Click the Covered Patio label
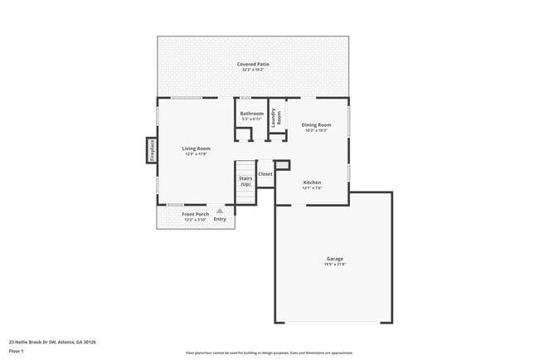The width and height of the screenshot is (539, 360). pos(253,64)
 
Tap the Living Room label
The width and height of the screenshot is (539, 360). pos(197,148)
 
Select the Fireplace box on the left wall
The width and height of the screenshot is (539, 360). pos(152,150)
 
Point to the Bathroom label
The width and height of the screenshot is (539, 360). pos(252,114)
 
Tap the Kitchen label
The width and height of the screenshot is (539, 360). pos(312,182)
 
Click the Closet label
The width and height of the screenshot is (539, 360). pos(265,174)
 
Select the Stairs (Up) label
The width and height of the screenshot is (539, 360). pos(245,181)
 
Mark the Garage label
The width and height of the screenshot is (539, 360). pos(334,259)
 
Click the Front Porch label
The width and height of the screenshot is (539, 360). pos(196,215)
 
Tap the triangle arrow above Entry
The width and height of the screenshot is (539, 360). pos(220,211)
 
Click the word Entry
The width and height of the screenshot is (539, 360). pos(220,219)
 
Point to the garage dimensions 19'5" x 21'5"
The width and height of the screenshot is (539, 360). pos(334,265)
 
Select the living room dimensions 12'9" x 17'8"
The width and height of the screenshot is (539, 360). pos(197,153)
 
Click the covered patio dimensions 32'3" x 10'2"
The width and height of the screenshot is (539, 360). pos(253,70)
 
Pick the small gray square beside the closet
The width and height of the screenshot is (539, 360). pos(282,165)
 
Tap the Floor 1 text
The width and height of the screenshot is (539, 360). pos(16,351)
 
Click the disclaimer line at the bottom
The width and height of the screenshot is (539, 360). pos(269,352)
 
